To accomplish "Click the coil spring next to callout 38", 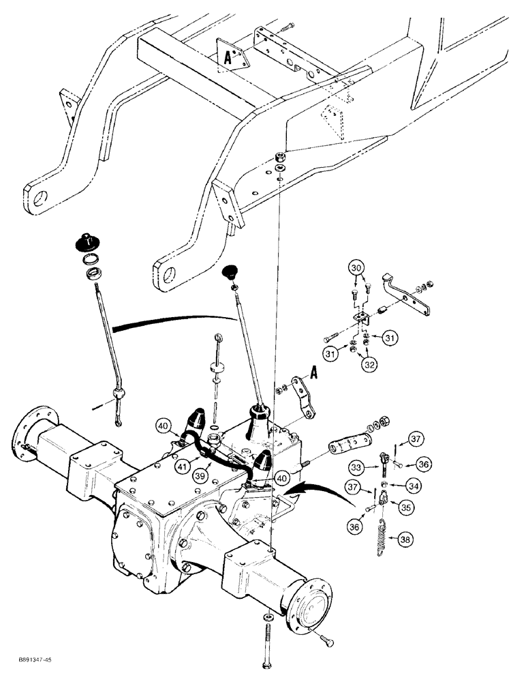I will (383, 539).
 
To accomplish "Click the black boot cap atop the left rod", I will (86, 241).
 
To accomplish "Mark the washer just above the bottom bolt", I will (266, 617).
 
